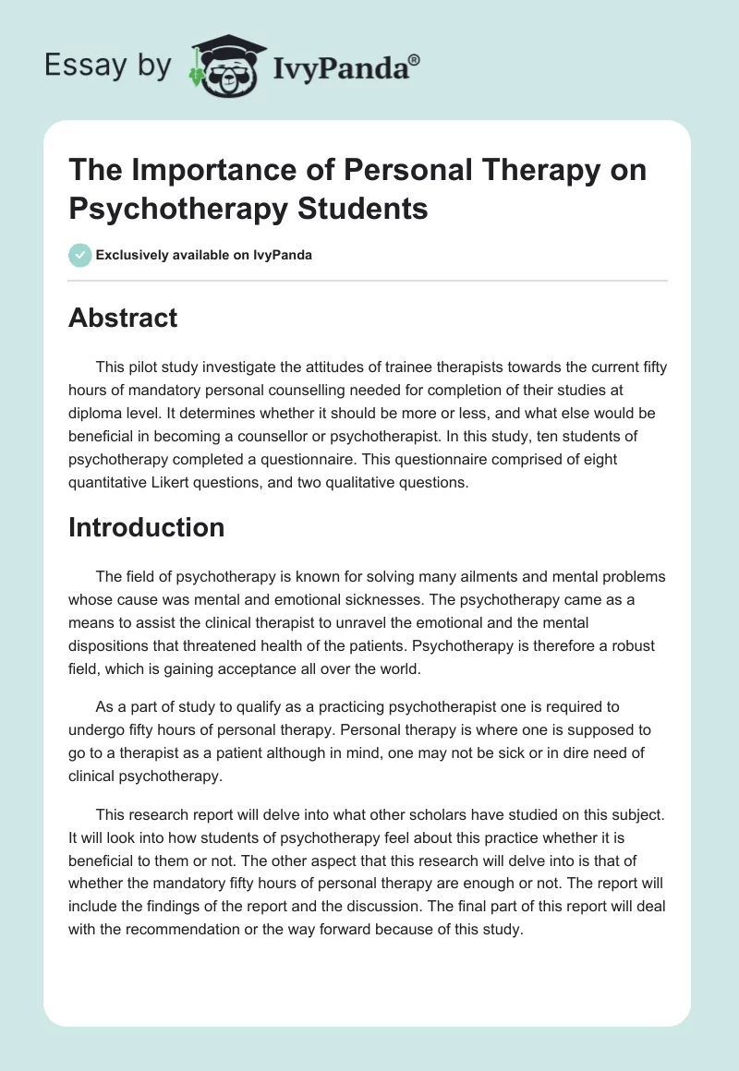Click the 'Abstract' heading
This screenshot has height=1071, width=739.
coord(123,318)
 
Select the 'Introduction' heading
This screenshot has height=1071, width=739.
coord(146,527)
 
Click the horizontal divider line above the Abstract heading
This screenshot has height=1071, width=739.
coord(369,281)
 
